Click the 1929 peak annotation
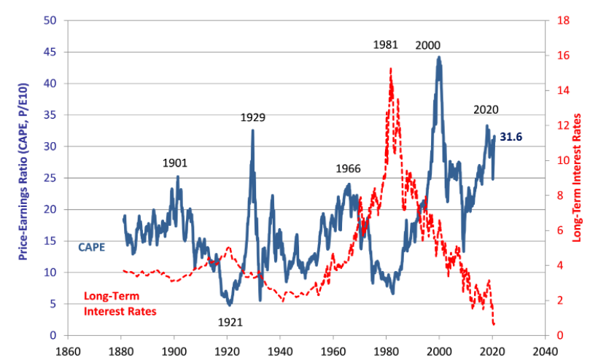tap(252, 117)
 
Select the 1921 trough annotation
tap(230, 321)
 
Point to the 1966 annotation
tap(349, 168)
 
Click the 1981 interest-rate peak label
tap(385, 44)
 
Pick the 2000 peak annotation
tap(428, 44)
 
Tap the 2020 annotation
tap(486, 110)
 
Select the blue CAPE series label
tap(92, 247)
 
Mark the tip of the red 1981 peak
tap(391, 68)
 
